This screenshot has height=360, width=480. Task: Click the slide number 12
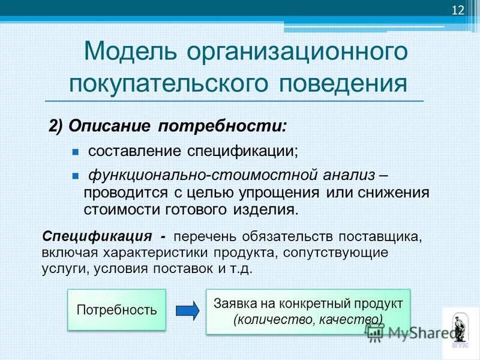click(458, 10)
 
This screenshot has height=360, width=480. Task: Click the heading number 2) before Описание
click(56, 127)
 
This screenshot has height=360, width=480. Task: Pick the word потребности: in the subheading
click(223, 127)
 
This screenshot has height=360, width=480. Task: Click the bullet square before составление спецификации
click(76, 151)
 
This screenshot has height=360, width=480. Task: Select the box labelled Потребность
click(116, 310)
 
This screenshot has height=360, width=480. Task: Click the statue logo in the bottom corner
click(460, 330)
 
